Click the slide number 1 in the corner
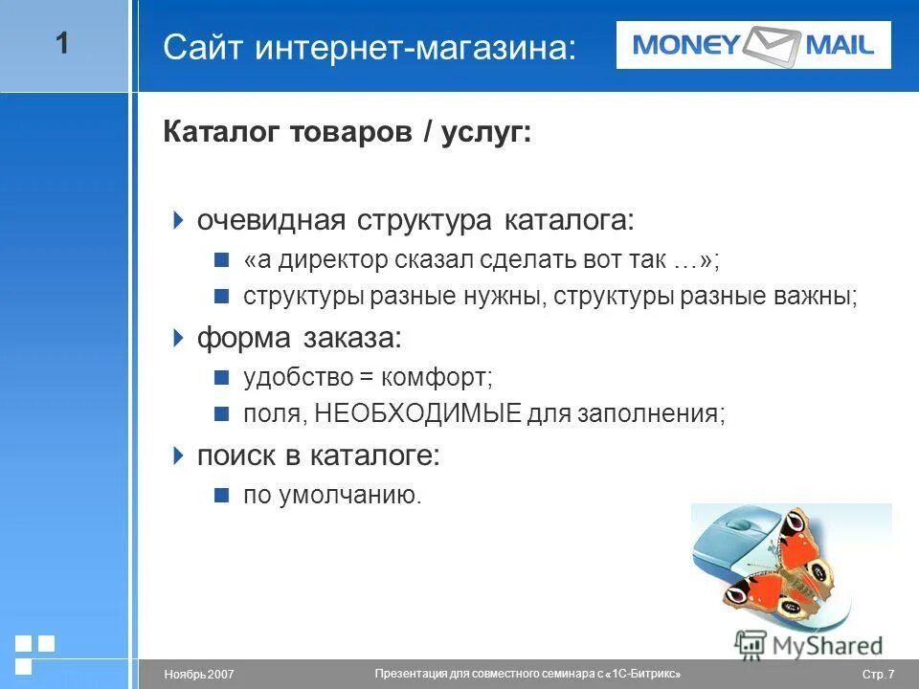click(62, 43)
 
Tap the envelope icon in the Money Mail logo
click(772, 44)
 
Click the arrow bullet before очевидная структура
click(177, 220)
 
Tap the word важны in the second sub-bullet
click(820, 297)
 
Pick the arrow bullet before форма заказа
click(177, 337)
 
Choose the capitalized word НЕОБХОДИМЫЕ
click(417, 413)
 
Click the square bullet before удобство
click(221, 377)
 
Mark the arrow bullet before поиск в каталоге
click(177, 456)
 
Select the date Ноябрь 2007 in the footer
click(199, 676)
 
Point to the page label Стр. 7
click(878, 676)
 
